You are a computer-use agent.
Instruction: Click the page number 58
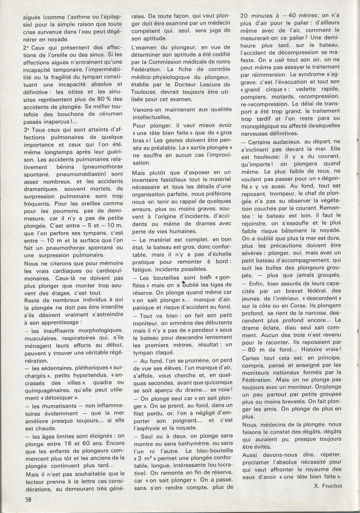point(30,500)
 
